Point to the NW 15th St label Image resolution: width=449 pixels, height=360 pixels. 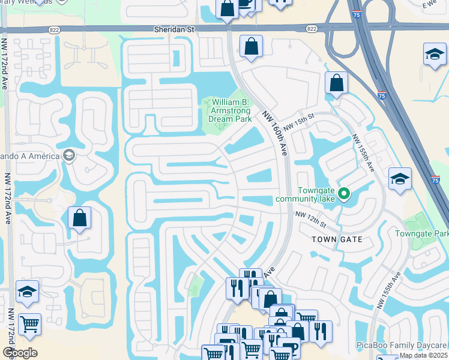tap(300, 122)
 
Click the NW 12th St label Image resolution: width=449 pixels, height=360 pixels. tap(310, 220)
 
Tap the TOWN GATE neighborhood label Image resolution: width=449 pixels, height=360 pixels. tap(337, 239)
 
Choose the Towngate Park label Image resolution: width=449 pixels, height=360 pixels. tap(421, 233)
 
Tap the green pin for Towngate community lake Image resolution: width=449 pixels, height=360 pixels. tap(344, 193)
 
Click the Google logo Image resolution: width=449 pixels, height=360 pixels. tap(19, 353)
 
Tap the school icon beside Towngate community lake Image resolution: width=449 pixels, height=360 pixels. tap(400, 179)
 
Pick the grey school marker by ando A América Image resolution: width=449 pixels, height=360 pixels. tap(68, 155)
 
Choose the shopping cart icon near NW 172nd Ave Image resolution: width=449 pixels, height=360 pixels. tap(29, 325)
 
